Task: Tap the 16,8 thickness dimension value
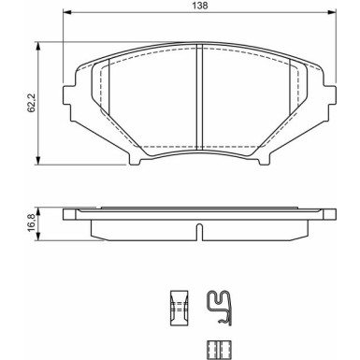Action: point(30,223)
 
